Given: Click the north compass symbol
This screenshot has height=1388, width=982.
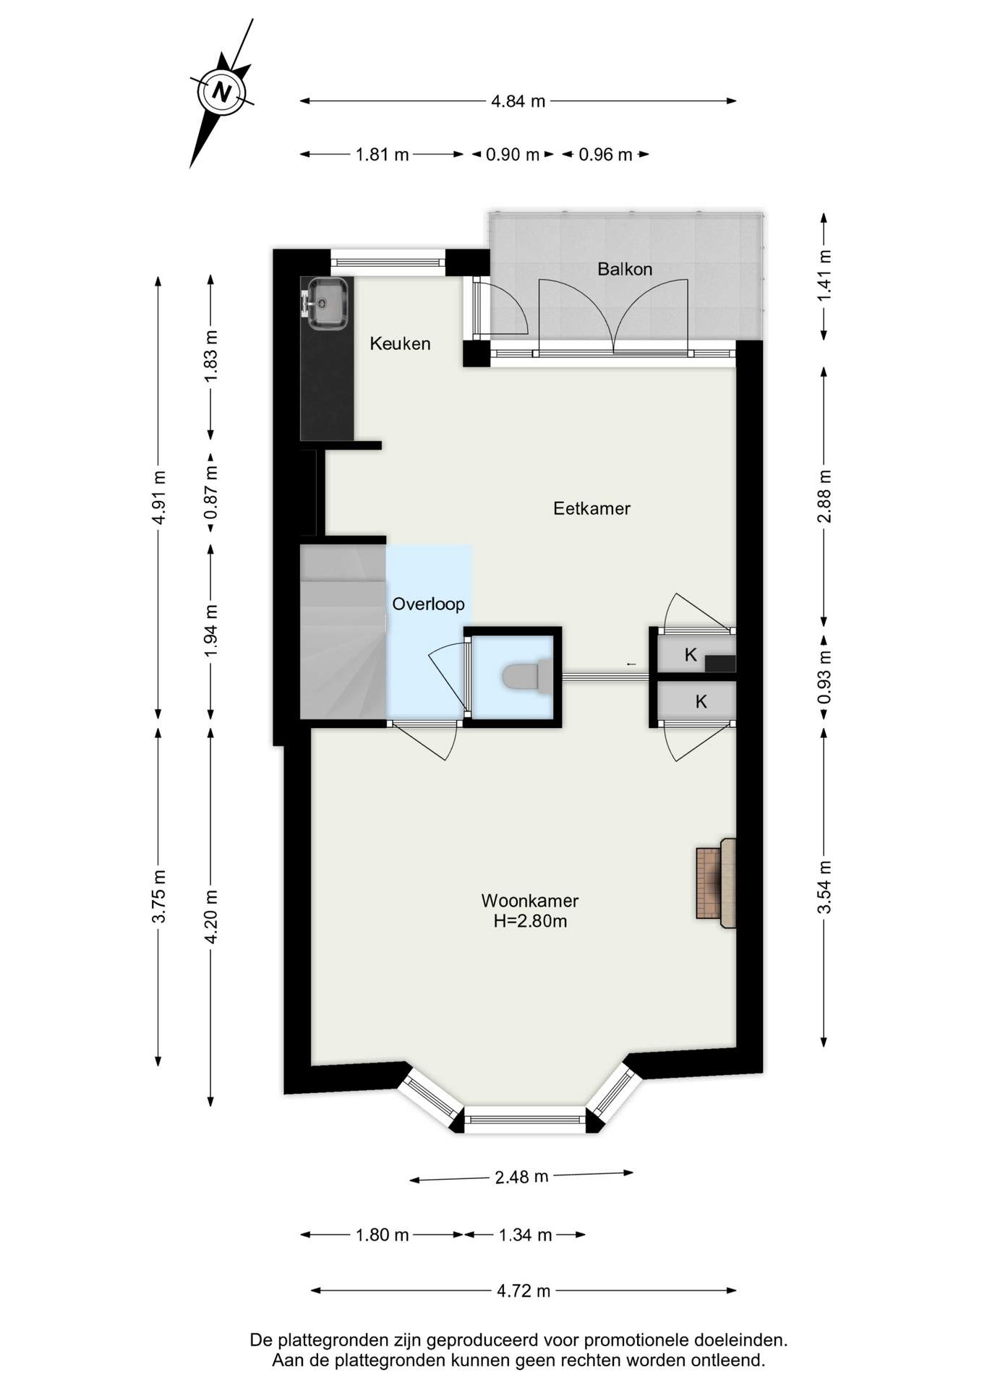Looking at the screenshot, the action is tap(222, 93).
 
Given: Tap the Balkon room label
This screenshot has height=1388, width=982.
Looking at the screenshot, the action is tap(625, 269).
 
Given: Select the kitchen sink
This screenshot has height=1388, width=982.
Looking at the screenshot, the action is tap(327, 303).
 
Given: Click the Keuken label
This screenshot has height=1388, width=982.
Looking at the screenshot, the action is tap(400, 343).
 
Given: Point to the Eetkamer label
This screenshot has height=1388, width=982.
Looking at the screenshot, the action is tap(592, 508).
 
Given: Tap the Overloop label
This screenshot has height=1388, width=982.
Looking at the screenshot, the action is tap(428, 604).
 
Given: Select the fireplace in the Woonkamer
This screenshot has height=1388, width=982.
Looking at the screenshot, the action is tap(716, 883).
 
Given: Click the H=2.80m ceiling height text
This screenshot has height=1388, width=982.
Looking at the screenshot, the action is tap(530, 921).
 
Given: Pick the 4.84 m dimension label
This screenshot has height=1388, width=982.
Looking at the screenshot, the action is tap(518, 101).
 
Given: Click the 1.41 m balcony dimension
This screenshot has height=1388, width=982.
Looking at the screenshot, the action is tap(824, 275).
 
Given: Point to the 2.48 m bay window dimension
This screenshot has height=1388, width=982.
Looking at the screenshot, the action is tap(521, 1177).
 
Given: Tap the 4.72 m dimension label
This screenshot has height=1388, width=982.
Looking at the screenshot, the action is tap(524, 1290).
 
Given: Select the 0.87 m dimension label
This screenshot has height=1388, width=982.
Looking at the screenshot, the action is tap(210, 492).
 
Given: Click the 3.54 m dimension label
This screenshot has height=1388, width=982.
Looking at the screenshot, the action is tap(824, 887).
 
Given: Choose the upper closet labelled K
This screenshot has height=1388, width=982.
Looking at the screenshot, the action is tap(692, 655).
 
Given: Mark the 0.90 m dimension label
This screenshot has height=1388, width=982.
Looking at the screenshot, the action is tap(513, 155).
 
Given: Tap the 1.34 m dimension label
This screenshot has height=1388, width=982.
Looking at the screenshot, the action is tap(525, 1235).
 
